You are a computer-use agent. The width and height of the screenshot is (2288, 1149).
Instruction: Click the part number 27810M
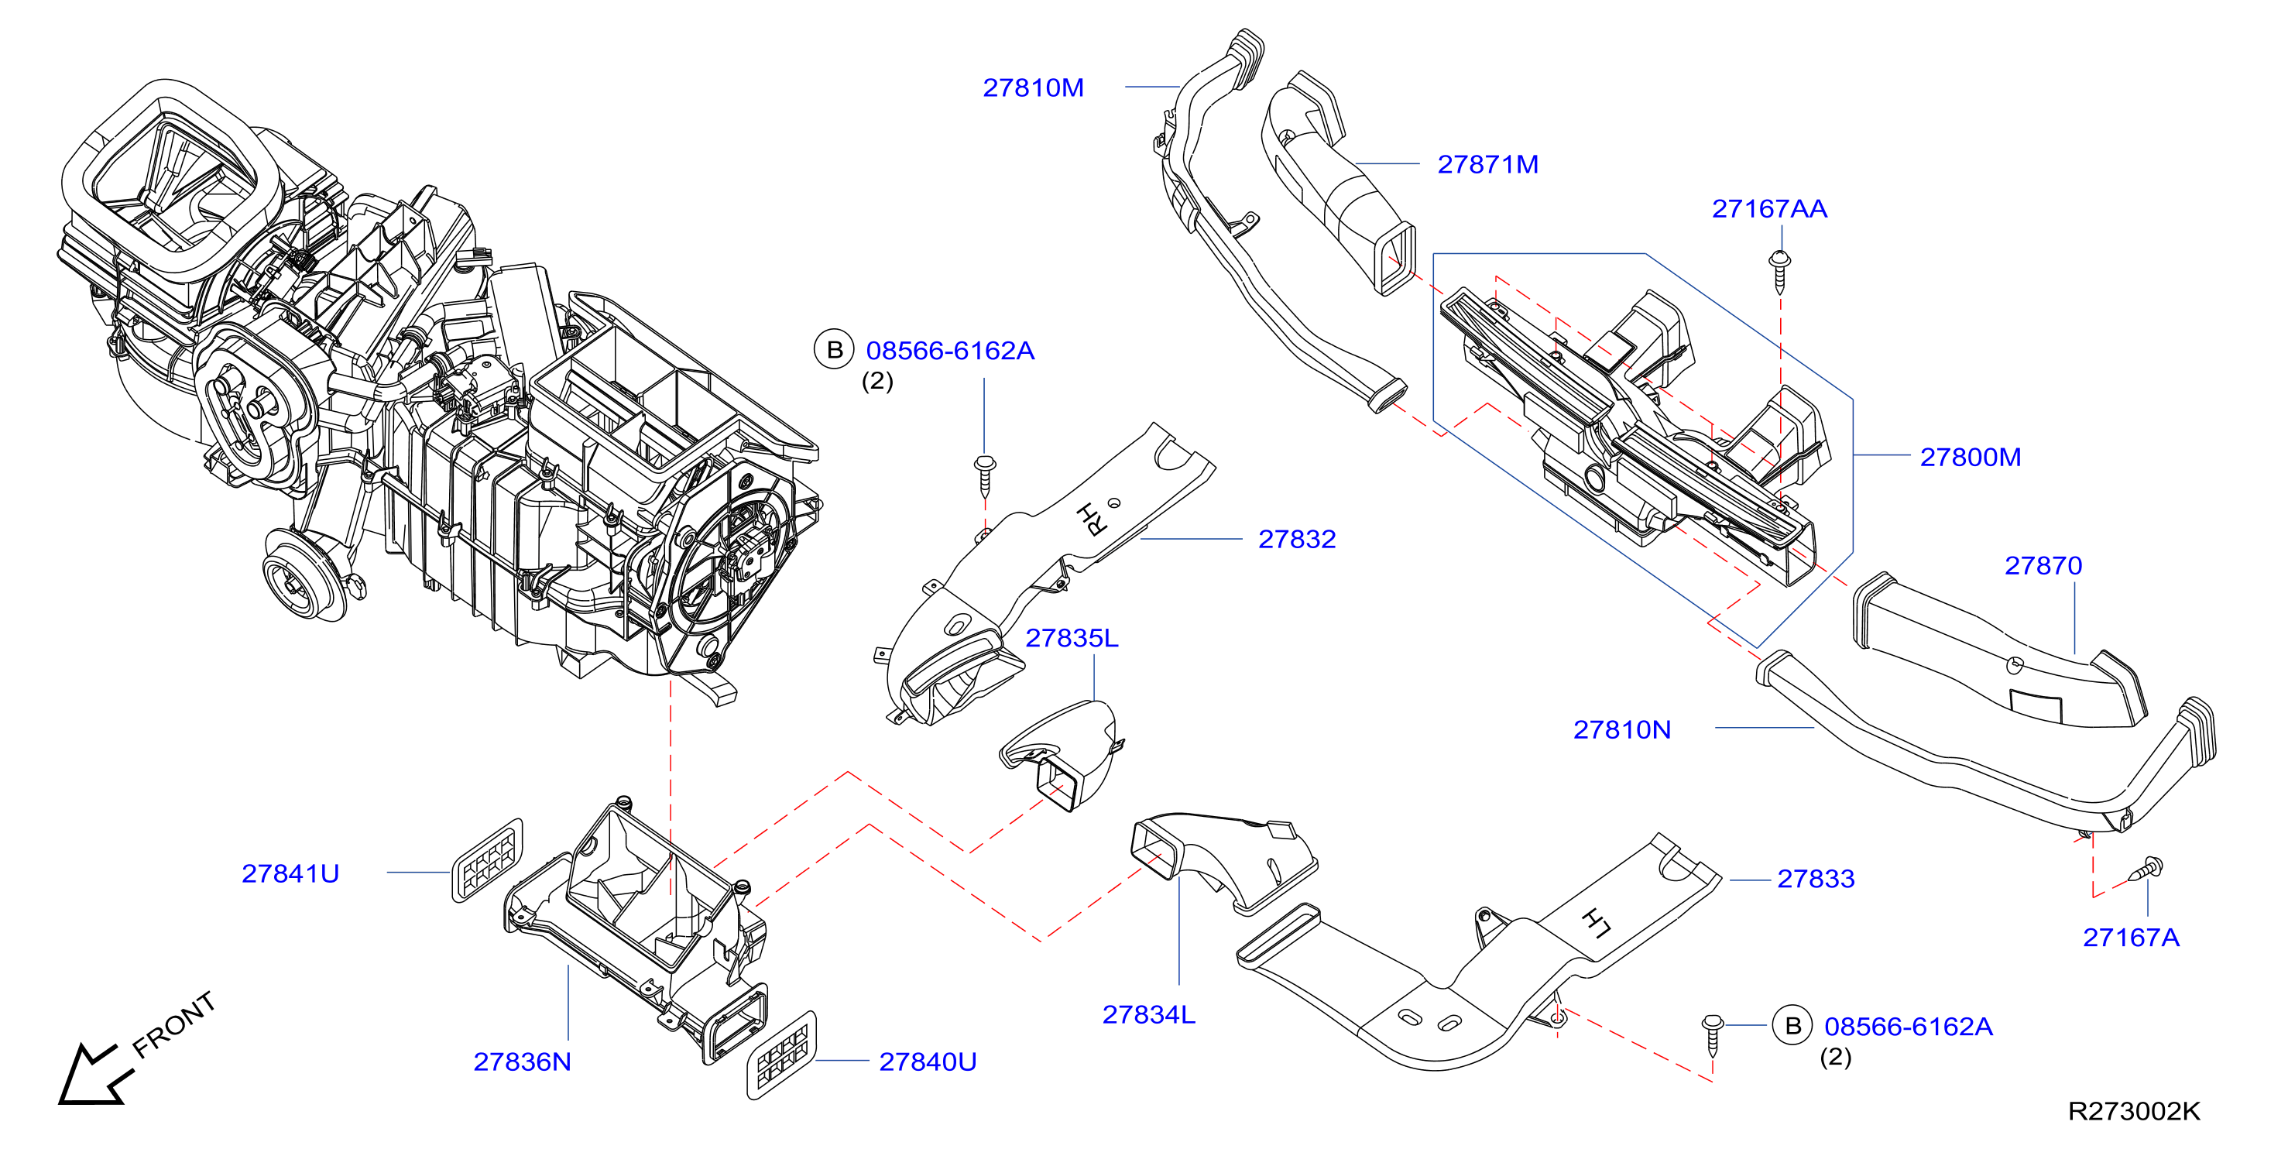point(1032,88)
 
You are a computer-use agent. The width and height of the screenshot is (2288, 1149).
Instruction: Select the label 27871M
point(1487,164)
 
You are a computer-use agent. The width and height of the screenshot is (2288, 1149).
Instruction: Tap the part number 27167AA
point(1769,209)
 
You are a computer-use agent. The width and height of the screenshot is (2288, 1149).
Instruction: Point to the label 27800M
point(1970,458)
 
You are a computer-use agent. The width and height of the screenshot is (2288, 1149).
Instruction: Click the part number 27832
point(1297,539)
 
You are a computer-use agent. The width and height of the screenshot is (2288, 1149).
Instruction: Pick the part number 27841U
point(290,873)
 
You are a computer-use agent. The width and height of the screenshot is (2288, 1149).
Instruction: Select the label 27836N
point(523,1062)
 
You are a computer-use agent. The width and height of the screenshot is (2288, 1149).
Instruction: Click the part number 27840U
point(928,1062)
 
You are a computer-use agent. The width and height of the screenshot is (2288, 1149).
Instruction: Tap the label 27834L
point(1148,1015)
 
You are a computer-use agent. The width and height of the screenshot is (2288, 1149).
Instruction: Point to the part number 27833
point(1816,879)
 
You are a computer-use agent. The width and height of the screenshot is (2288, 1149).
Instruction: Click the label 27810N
point(1622,730)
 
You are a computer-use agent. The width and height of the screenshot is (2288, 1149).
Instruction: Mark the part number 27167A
point(2131,938)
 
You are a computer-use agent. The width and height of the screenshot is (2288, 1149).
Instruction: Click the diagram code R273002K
point(2133,1111)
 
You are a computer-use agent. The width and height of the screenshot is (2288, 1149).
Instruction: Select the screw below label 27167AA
point(1779,272)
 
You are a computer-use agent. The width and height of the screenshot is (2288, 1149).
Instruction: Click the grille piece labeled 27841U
point(487,860)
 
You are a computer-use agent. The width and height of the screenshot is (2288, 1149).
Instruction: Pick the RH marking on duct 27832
point(1092,520)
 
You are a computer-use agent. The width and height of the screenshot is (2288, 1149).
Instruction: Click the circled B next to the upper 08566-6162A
point(834,350)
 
